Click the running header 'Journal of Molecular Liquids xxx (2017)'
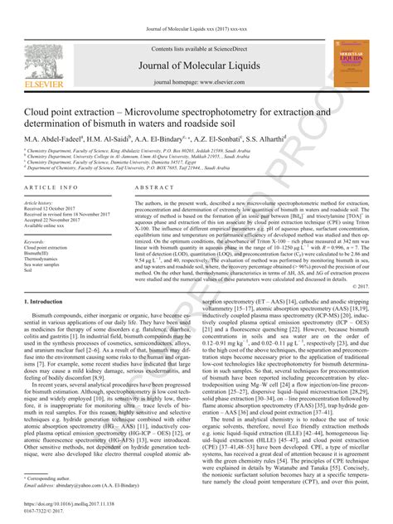coord(196,6)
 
